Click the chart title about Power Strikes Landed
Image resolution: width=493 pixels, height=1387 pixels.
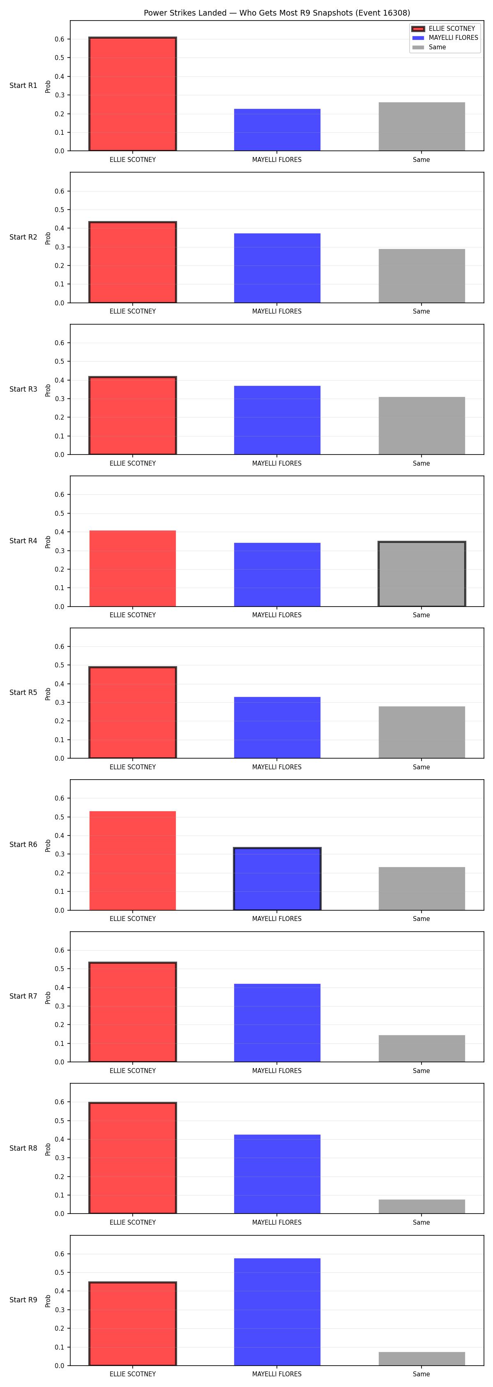[276, 13]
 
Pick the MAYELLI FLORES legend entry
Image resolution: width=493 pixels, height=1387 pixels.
[445, 38]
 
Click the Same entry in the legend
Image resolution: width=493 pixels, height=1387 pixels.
[429, 47]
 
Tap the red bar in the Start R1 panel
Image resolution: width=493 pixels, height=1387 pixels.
[132, 94]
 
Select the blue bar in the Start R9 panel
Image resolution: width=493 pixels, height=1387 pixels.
[277, 1312]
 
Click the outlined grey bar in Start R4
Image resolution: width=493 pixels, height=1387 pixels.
[422, 574]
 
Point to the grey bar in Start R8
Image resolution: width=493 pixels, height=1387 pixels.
[422, 1207]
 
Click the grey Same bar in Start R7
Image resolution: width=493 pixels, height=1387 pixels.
[422, 1048]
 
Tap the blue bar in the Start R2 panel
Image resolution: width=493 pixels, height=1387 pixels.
[277, 268]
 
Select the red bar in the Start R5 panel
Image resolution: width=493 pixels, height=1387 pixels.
[132, 712]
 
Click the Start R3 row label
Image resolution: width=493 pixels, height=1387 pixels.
[23, 389]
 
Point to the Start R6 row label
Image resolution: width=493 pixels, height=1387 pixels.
[23, 844]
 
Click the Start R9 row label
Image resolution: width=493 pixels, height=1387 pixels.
[23, 1300]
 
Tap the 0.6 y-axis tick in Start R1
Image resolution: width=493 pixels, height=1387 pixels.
[59, 39]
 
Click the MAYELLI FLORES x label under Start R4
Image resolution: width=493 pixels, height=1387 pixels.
[276, 615]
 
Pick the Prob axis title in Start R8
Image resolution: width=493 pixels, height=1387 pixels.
[48, 1149]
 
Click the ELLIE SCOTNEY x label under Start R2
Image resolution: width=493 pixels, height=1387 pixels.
[132, 311]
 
